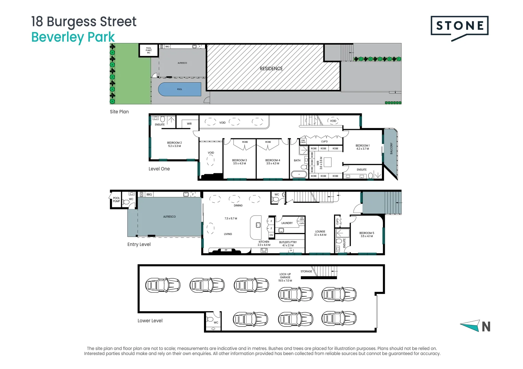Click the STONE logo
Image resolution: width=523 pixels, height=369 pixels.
pos(459,26)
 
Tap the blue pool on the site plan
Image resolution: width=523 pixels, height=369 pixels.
pos(180,89)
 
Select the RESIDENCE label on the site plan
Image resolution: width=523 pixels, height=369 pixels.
pos(271,69)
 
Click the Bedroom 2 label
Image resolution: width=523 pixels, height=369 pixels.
pos(174,143)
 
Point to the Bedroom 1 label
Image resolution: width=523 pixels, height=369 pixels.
pos(362,146)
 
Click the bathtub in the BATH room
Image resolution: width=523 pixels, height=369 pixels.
pos(299,174)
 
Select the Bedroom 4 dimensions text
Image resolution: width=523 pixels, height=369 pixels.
pos(273,164)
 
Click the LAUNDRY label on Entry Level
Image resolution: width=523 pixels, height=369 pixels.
pos(287,223)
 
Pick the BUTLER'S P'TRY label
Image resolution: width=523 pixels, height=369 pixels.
pos(288,242)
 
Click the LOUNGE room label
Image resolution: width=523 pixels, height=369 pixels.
pos(320,232)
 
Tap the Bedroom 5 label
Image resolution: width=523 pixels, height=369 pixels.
pos(367,233)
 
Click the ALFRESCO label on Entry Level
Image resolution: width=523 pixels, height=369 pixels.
pos(169,217)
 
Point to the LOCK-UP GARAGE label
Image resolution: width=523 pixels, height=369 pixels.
pos(285,276)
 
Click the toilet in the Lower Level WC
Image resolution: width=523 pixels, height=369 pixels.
pos(210,319)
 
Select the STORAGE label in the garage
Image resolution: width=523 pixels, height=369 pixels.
pos(306,271)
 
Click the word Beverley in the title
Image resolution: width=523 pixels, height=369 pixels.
pos(58,37)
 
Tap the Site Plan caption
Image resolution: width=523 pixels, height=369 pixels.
pos(119,112)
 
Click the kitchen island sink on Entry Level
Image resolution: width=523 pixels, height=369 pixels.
pos(258,225)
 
